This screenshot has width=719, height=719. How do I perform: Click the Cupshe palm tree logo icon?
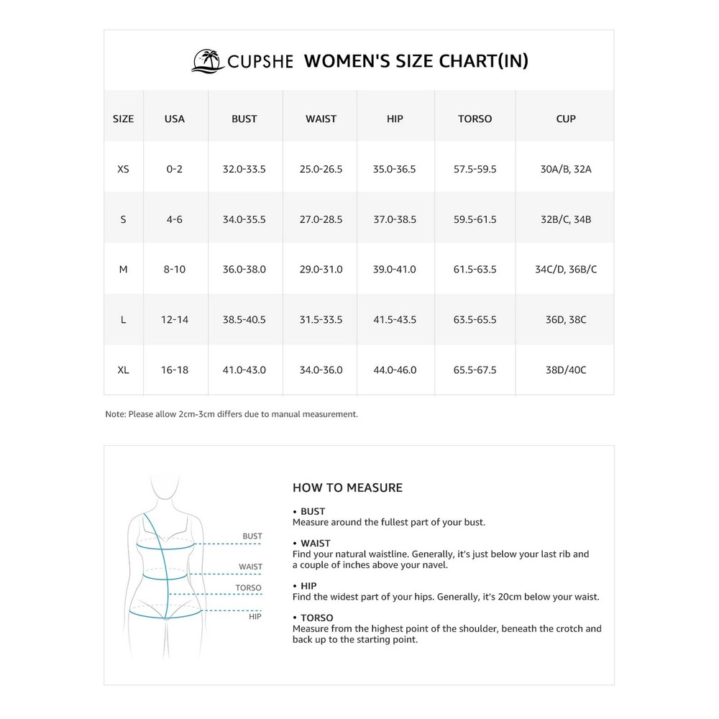point(207,60)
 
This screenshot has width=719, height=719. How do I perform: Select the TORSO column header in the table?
point(475,119)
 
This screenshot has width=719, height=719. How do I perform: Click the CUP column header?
point(566,119)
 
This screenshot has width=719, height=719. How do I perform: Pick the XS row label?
point(123,170)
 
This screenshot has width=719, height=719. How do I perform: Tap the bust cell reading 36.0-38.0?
point(244,270)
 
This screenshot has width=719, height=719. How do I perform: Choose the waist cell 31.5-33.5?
point(321,319)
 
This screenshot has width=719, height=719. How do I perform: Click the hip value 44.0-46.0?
point(395,370)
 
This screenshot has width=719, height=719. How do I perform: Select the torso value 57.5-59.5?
point(475,170)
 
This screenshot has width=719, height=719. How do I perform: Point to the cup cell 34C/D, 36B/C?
point(566,270)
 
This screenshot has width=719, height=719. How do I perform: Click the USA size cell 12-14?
point(175,319)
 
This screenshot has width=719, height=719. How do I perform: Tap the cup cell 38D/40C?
point(566,370)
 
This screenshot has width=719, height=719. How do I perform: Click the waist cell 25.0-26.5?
point(321,170)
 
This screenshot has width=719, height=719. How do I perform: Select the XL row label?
point(123,370)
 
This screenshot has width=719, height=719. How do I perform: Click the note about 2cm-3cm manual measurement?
point(231,414)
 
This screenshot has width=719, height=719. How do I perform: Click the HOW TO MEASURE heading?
point(347,488)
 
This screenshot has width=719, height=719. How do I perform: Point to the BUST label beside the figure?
point(252,536)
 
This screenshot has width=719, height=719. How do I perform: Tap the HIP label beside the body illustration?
point(255,616)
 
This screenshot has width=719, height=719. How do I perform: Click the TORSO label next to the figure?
point(249,588)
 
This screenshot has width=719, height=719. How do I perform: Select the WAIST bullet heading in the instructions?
point(315,544)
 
